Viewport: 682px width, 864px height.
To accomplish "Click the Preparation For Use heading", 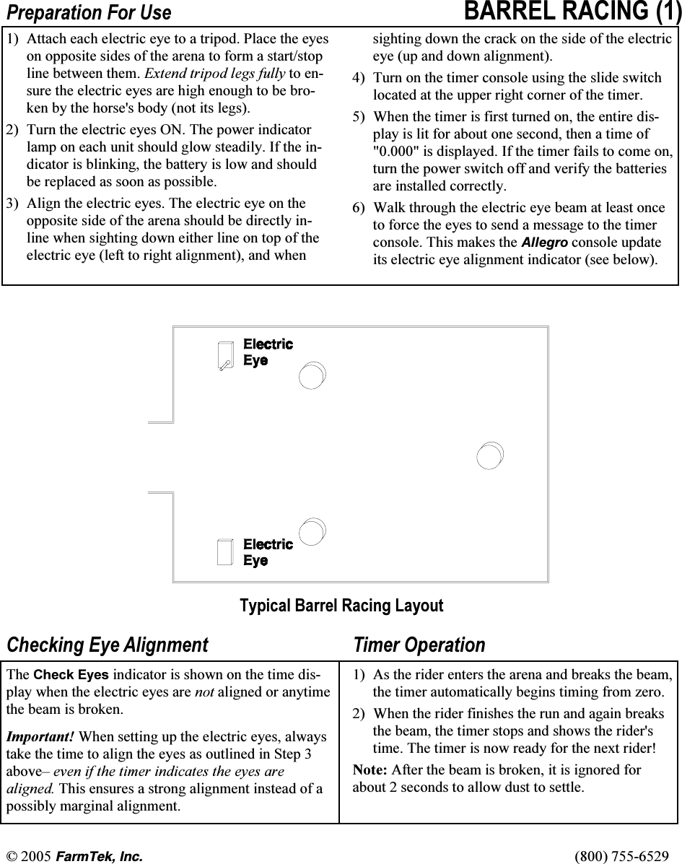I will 89,13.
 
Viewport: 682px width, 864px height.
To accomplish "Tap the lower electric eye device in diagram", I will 225,551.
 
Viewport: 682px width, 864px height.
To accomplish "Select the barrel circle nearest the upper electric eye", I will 312,376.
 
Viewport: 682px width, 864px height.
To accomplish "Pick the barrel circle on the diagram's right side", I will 490,456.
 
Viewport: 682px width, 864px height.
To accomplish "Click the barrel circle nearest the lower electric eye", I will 312,531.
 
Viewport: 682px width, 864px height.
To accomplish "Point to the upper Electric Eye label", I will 268,352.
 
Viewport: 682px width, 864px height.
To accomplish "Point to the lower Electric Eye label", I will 268,552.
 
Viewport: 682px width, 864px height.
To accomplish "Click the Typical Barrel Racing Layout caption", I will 341,606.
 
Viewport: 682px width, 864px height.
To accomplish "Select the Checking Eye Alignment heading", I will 107,645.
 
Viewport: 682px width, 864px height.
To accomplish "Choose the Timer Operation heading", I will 419,645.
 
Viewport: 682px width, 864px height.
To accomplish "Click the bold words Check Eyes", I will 71,676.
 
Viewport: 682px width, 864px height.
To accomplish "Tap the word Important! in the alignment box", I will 40,738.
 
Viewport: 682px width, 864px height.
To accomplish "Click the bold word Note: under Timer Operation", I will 369,770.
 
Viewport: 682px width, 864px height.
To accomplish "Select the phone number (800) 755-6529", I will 621,856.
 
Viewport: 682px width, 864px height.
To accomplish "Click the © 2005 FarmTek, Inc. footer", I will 75,856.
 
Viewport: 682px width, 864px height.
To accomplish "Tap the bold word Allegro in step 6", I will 544,243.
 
